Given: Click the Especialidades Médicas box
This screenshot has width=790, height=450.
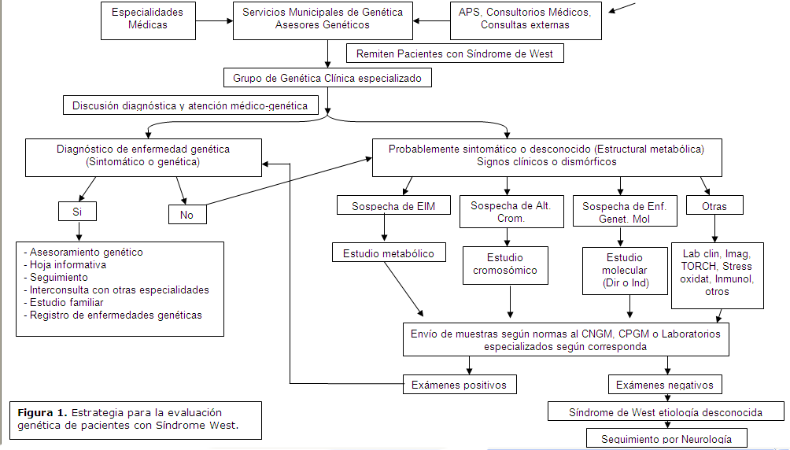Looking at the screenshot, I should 147,19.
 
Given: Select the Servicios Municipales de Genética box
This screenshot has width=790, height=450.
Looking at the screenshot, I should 323,19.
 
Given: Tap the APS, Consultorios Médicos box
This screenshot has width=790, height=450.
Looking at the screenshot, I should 525,19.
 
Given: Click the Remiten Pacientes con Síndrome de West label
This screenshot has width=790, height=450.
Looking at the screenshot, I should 455,53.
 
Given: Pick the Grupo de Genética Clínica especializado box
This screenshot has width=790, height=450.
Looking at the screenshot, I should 327,78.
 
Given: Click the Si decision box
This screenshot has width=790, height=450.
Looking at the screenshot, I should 77,212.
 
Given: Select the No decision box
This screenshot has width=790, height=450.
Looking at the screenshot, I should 186,214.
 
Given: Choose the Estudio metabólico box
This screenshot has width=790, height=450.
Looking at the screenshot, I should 383,253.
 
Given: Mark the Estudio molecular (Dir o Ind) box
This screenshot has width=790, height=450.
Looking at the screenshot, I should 625,270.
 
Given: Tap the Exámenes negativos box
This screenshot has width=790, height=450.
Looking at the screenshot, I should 665,385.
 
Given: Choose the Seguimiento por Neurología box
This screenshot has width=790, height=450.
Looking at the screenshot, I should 666,438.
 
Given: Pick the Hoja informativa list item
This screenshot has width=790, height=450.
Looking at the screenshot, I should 67,265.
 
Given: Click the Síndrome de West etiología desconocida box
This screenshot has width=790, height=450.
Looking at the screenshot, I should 665,412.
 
